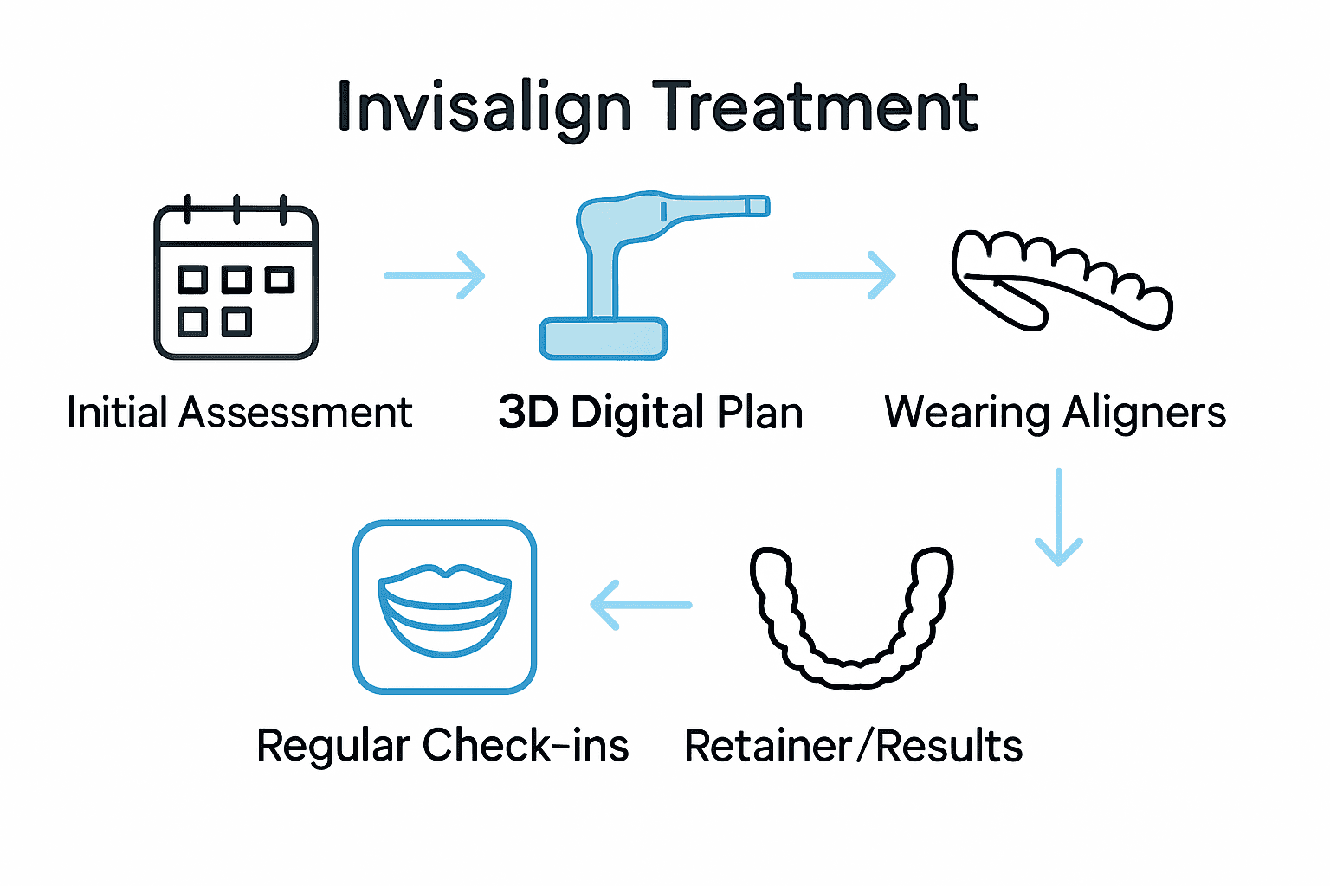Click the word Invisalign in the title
pos(484,108)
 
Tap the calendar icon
pos(236,281)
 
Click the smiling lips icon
pos(444,607)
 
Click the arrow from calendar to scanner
pos(435,275)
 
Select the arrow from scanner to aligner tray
pos(844,275)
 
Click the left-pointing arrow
pos(641,605)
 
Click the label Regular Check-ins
pos(442,745)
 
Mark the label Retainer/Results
pos(853,745)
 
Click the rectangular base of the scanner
pos(603,338)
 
